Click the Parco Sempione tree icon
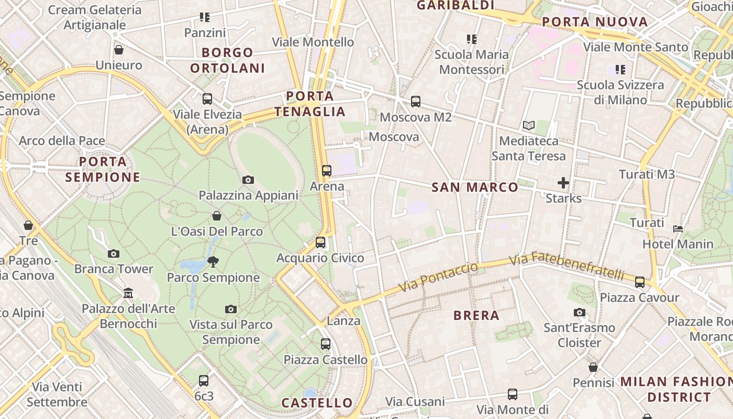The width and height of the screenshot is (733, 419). coord(213,261)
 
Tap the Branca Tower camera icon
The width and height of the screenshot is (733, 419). coord(114,254)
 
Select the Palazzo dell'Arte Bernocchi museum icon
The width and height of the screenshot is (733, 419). coord(128,293)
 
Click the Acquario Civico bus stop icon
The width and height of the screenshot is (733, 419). coord(320,242)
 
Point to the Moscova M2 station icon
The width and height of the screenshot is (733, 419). coord(416,102)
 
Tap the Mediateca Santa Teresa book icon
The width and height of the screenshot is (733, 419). coord(529,126)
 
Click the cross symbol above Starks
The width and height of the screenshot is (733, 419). coord(563,183)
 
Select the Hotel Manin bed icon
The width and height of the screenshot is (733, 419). coord(678,228)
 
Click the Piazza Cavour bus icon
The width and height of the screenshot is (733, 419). coord(640,282)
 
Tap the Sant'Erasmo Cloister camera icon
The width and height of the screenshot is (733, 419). coord(579,313)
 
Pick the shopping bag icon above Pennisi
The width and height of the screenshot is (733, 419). coord(593,368)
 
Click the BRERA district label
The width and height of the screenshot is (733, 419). coord(476,315)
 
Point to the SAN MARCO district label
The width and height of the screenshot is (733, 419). coord(475,187)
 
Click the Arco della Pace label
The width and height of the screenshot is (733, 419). coord(62,141)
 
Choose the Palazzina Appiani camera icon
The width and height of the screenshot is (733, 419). coord(248,180)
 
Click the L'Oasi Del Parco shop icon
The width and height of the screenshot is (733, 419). coord(217,216)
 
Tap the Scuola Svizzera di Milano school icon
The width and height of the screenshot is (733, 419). coord(620,70)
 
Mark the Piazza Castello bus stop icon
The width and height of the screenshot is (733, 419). coord(326,344)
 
